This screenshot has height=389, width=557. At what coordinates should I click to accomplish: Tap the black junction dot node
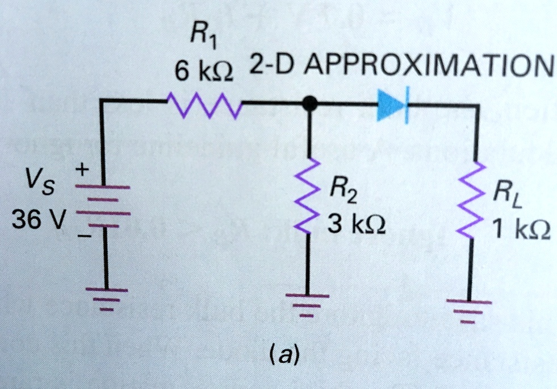coord(309,104)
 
